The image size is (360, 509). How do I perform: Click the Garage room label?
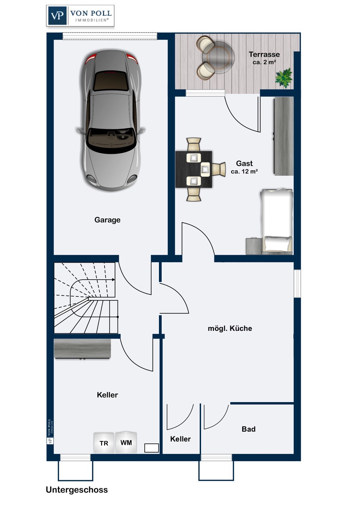[107, 220]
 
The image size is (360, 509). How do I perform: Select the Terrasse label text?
[264, 54]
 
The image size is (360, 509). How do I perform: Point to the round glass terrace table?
[218, 57]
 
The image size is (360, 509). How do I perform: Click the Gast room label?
[244, 163]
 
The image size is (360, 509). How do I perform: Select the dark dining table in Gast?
[194, 169]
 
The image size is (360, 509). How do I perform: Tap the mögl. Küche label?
[230, 328]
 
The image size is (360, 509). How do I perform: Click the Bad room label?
[249, 429]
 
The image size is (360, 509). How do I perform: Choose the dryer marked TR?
[104, 443]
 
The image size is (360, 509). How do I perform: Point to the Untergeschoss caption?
[77, 490]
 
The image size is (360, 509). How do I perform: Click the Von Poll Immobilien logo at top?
[80, 16]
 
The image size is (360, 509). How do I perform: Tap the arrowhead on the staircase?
[113, 280]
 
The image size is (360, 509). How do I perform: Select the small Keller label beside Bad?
[180, 439]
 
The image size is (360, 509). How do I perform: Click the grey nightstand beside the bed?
[254, 246]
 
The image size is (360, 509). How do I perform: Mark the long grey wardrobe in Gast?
[284, 136]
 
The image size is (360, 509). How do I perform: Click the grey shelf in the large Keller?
[82, 349]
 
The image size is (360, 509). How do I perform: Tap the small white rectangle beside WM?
[151, 448]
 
